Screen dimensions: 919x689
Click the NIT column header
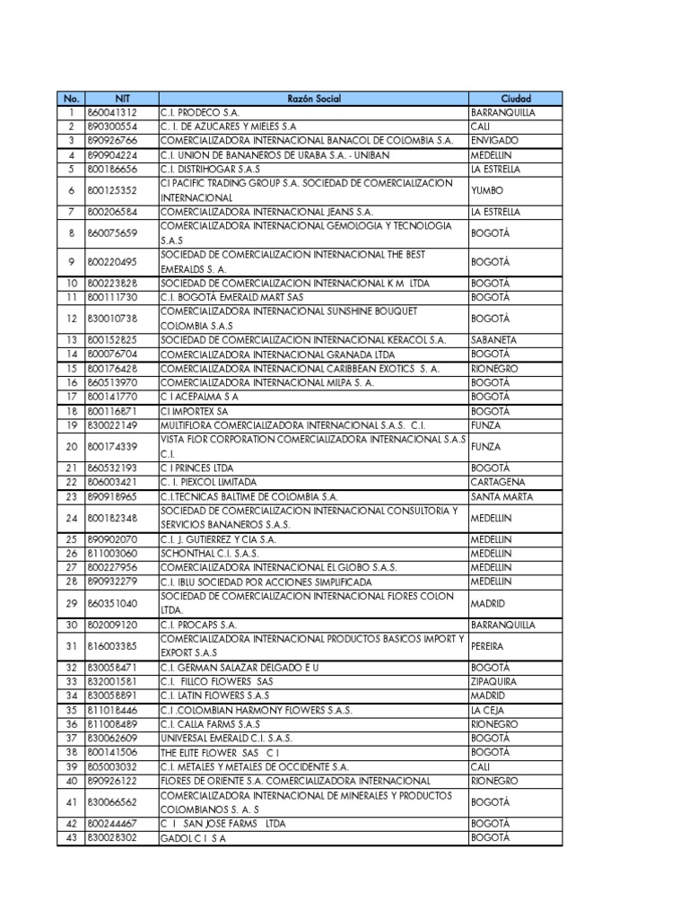(x=122, y=98)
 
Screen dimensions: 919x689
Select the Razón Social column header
(x=314, y=98)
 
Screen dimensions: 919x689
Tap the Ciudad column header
(x=516, y=98)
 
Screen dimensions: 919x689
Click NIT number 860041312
(x=113, y=112)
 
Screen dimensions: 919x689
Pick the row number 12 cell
(x=70, y=319)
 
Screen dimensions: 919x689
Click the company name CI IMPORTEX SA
(x=195, y=410)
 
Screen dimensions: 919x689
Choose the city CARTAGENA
(x=498, y=482)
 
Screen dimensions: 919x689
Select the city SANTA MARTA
(x=501, y=496)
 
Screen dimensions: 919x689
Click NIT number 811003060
(x=113, y=553)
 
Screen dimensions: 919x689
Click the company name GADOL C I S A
(x=193, y=837)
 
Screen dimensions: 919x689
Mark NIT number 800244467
(x=113, y=823)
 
